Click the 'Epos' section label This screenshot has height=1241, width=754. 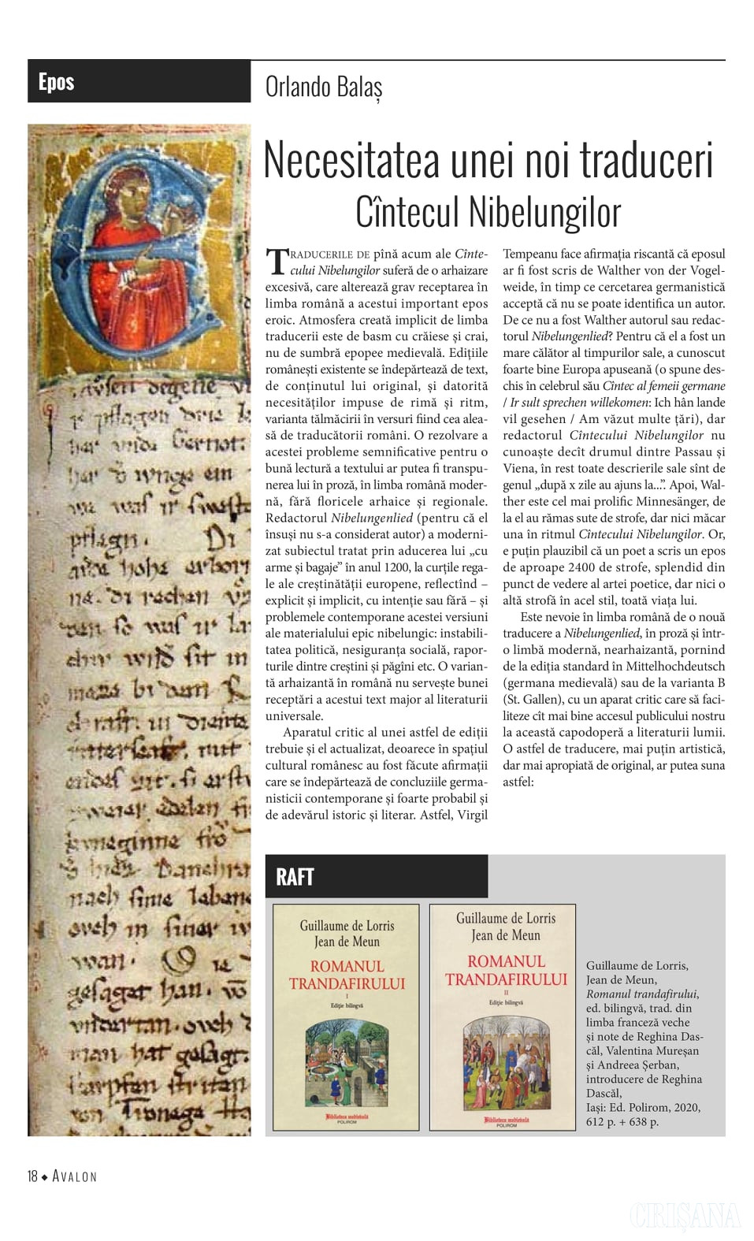pyautogui.click(x=56, y=82)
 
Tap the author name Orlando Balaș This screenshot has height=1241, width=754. pyautogui.click(x=324, y=87)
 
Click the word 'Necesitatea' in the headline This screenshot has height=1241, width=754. pyautogui.click(x=351, y=160)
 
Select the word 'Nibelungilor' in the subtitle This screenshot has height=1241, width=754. pyautogui.click(x=544, y=211)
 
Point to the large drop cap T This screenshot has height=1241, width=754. pyautogui.click(x=277, y=261)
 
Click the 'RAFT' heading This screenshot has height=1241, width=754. pyautogui.click(x=295, y=877)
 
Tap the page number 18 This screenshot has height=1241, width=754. pyautogui.click(x=32, y=1176)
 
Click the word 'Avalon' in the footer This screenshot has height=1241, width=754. pyautogui.click(x=75, y=1176)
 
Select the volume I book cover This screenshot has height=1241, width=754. pyautogui.click(x=346, y=1016)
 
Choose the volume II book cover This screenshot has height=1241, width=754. pyautogui.click(x=503, y=1016)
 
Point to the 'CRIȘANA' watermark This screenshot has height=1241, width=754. pyautogui.click(x=684, y=1216)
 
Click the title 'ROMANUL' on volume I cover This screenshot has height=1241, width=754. pyautogui.click(x=347, y=967)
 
